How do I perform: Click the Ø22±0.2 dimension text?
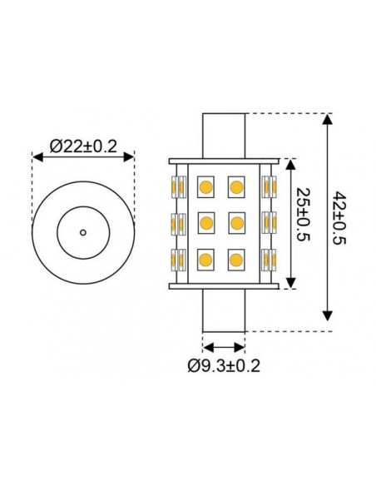(82, 147)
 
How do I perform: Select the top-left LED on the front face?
(205, 186)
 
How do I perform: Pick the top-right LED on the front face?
(237, 186)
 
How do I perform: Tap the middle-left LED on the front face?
(205, 222)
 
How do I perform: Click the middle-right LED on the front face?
(237, 222)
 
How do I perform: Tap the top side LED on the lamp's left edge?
(178, 186)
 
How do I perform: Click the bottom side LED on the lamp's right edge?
(268, 259)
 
